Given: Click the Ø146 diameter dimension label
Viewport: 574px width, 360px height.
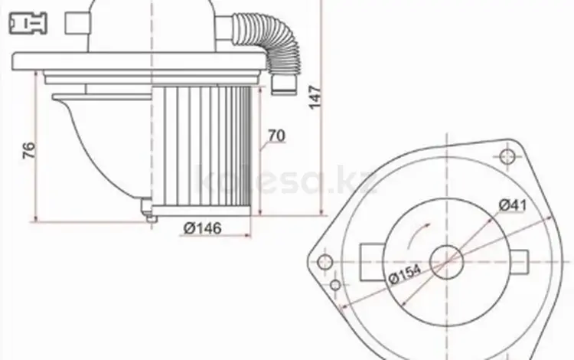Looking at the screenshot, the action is pyautogui.click(x=203, y=228).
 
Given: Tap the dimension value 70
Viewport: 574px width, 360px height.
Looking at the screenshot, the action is pyautogui.click(x=276, y=136).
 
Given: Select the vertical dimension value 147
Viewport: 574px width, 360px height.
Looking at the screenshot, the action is pyautogui.click(x=315, y=97).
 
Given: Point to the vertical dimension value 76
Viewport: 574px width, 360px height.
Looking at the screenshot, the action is pyautogui.click(x=29, y=150).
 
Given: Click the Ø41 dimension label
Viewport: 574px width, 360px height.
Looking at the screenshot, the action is pyautogui.click(x=513, y=205).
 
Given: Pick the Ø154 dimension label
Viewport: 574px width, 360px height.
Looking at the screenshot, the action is pyautogui.click(x=405, y=273).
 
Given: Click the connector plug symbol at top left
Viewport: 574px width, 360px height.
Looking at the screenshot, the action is pyautogui.click(x=28, y=23).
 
